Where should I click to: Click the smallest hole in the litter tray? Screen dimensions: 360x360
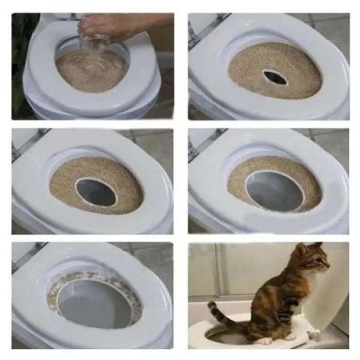point(276,77)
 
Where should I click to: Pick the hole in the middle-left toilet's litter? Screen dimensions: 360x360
point(96,192)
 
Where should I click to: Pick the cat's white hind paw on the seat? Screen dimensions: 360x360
point(264,340)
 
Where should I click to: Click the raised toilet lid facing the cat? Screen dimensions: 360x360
point(329,298)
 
